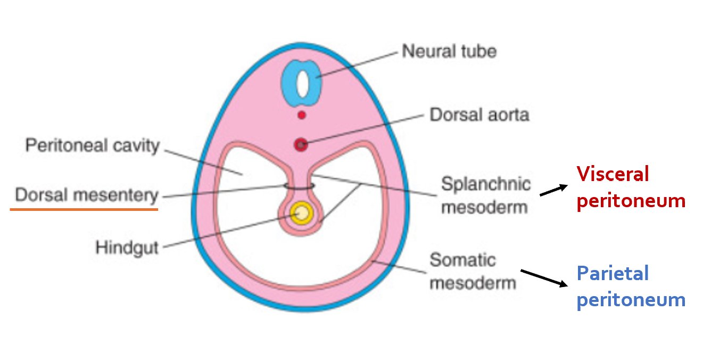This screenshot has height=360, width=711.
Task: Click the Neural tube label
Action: point(449,52)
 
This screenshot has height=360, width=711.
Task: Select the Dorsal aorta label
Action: point(479,114)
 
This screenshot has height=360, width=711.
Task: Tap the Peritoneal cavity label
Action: point(92,145)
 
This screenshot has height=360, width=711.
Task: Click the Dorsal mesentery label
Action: point(87,195)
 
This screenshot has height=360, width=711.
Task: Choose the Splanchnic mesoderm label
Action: point(485,195)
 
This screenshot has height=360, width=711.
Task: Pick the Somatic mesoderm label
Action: point(473,271)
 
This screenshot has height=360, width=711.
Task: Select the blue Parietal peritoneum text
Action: point(631,287)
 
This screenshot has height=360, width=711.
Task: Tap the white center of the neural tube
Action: point(302,82)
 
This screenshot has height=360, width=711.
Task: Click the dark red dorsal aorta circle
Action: point(301,144)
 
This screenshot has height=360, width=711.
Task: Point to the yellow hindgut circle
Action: point(302,213)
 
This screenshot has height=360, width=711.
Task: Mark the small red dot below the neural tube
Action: point(302,114)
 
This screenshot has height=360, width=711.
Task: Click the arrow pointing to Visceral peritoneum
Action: point(553,191)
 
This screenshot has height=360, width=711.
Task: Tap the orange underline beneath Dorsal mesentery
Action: point(84,209)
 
